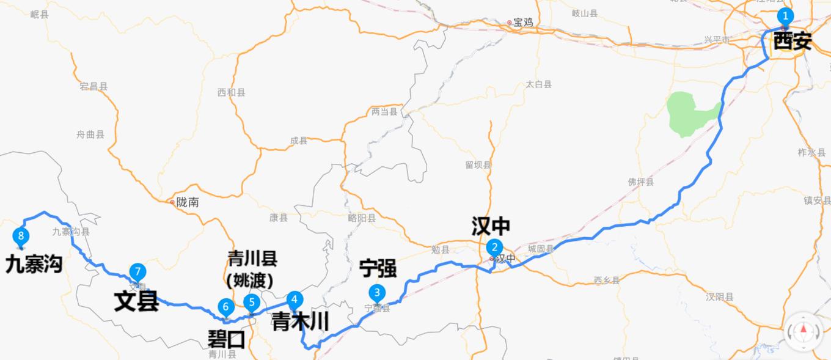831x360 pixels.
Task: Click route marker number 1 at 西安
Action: coord(785,17)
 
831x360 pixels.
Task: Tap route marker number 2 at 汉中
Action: coord(494,248)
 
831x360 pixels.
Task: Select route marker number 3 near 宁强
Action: coord(378,293)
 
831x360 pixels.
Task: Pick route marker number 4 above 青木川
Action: coord(295,299)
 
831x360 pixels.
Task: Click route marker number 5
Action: coord(251,302)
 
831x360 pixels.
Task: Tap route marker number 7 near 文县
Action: coord(138,272)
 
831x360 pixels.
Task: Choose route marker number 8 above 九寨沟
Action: coord(21,236)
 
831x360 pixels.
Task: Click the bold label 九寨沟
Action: coord(34,265)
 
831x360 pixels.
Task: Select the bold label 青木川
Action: coord(300,321)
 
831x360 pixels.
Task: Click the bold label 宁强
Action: coord(378,268)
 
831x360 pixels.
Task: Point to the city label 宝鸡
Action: coord(522,23)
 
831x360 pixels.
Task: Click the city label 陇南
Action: coord(187,202)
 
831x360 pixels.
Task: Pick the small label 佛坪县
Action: coord(640,182)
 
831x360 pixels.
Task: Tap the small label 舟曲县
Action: coord(90,134)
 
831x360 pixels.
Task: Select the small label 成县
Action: coord(299,141)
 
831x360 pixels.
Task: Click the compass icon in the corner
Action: coord(804,331)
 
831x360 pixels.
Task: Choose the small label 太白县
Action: coord(539,84)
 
